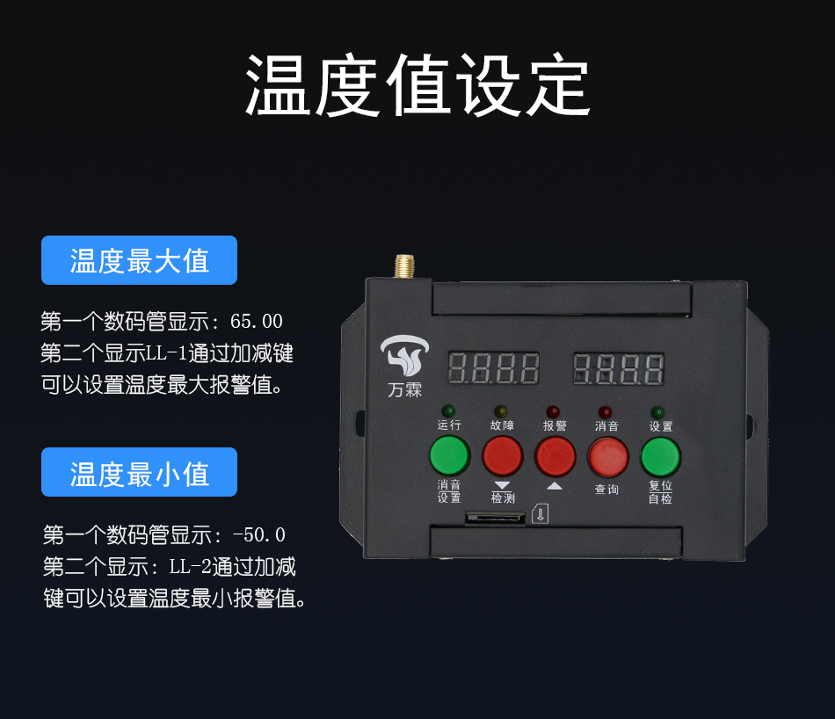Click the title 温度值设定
pos(417,85)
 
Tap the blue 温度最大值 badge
pos(139,260)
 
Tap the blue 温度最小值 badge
pos(139,472)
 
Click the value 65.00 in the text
pos(256,321)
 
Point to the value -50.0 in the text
pos(259,534)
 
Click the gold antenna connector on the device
pos(404,266)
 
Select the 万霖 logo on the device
pos(404,366)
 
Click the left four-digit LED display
pos(493,368)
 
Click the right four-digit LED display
pos(618,368)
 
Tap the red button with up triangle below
pos(555,456)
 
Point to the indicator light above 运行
pos(448,410)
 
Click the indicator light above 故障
pos(501,411)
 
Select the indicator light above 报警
pos(553,411)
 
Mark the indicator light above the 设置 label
pos(657,412)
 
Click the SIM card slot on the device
pos(495,517)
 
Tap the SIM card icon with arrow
pos(540,513)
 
